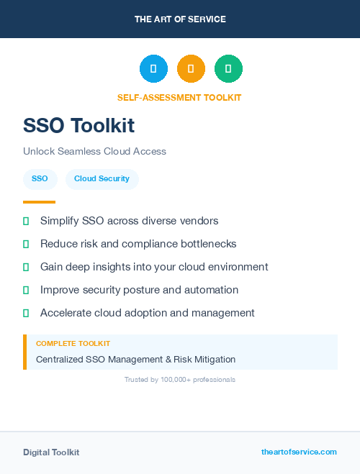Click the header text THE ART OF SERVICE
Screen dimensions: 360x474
pos(180,19)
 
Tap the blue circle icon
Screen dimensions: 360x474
pos(153,69)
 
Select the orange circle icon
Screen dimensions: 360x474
pos(191,69)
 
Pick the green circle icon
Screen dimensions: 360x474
pos(228,69)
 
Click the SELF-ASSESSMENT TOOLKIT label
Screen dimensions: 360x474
pos(179,97)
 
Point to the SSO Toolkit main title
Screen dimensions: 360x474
pos(78,125)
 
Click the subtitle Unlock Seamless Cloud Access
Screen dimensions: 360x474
pos(94,151)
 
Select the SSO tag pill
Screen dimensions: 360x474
pos(40,178)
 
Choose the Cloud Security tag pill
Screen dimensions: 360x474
pos(102,178)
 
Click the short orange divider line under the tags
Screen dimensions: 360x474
pos(39,202)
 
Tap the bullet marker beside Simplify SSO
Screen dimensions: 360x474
pos(26,221)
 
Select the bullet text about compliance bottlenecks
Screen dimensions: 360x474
pos(138,244)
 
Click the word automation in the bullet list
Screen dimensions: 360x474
pos(212,290)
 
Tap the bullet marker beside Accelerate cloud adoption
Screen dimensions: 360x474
pos(26,313)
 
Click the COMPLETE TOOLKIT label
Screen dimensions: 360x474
pos(73,344)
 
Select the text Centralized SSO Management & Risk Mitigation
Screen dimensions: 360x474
pos(135,359)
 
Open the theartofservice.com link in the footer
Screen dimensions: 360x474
pos(299,452)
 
